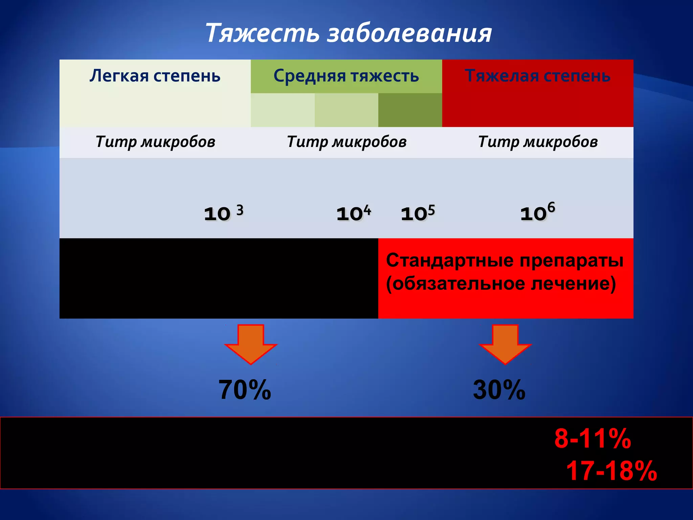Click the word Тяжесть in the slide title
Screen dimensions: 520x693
pyautogui.click(x=262, y=33)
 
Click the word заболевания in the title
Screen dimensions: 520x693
pyautogui.click(x=409, y=33)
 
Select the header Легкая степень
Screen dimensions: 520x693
pyautogui.click(x=155, y=75)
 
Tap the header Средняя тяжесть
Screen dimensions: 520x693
pyautogui.click(x=346, y=75)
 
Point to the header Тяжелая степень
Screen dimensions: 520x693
pyautogui.click(x=537, y=75)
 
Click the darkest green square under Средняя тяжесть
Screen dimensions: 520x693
pyautogui.click(x=410, y=110)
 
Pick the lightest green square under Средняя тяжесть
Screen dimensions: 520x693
pyautogui.click(x=283, y=110)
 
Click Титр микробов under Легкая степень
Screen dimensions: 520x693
pyautogui.click(x=155, y=142)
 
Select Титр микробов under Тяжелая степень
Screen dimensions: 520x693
pyautogui.click(x=538, y=142)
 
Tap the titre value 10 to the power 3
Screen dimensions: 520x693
pyautogui.click(x=223, y=213)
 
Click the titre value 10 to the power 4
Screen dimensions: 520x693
pyautogui.click(x=354, y=213)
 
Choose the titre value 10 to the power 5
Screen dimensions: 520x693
pyautogui.click(x=418, y=213)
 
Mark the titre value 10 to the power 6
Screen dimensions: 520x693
pyautogui.click(x=537, y=212)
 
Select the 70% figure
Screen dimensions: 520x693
pyautogui.click(x=245, y=390)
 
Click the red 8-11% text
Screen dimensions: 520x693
pyautogui.click(x=593, y=438)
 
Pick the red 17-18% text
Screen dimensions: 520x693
pyautogui.click(x=611, y=471)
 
